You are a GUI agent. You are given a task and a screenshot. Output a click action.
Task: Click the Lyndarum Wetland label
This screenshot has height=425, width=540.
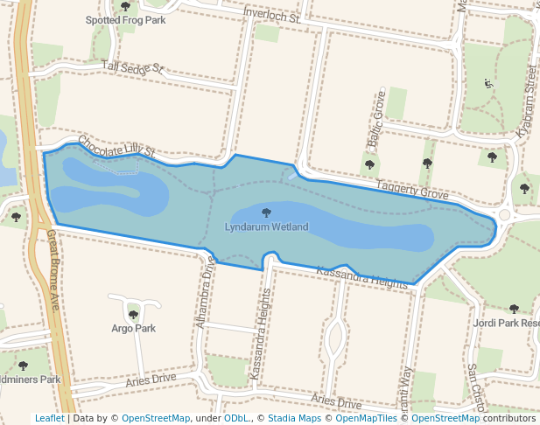click(x=266, y=227)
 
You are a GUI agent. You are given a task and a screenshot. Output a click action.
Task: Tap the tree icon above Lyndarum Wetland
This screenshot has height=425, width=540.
click(x=266, y=212)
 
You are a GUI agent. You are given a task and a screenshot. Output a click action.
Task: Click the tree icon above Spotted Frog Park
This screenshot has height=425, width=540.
click(x=125, y=6)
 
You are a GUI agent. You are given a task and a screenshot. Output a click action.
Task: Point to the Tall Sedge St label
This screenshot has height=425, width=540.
click(x=133, y=67)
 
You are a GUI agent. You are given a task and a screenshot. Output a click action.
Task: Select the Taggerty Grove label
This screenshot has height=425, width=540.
click(x=411, y=189)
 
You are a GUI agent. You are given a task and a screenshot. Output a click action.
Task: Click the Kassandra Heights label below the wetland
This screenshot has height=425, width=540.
click(x=362, y=278)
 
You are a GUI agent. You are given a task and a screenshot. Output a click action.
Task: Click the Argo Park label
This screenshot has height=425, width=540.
click(x=133, y=329)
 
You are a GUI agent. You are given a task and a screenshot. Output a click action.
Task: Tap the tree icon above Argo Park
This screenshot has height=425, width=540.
click(x=133, y=315)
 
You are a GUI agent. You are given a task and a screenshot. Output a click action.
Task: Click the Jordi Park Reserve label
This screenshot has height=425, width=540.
click(x=507, y=323)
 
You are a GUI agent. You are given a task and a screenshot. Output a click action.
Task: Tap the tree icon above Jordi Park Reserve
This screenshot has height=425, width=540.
click(x=514, y=309)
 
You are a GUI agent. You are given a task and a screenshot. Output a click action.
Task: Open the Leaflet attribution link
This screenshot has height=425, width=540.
click(x=49, y=418)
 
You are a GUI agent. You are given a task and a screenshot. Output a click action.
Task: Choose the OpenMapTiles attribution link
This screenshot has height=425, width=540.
click(x=367, y=418)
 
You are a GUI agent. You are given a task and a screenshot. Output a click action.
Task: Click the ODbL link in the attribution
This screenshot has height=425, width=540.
click(x=235, y=418)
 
